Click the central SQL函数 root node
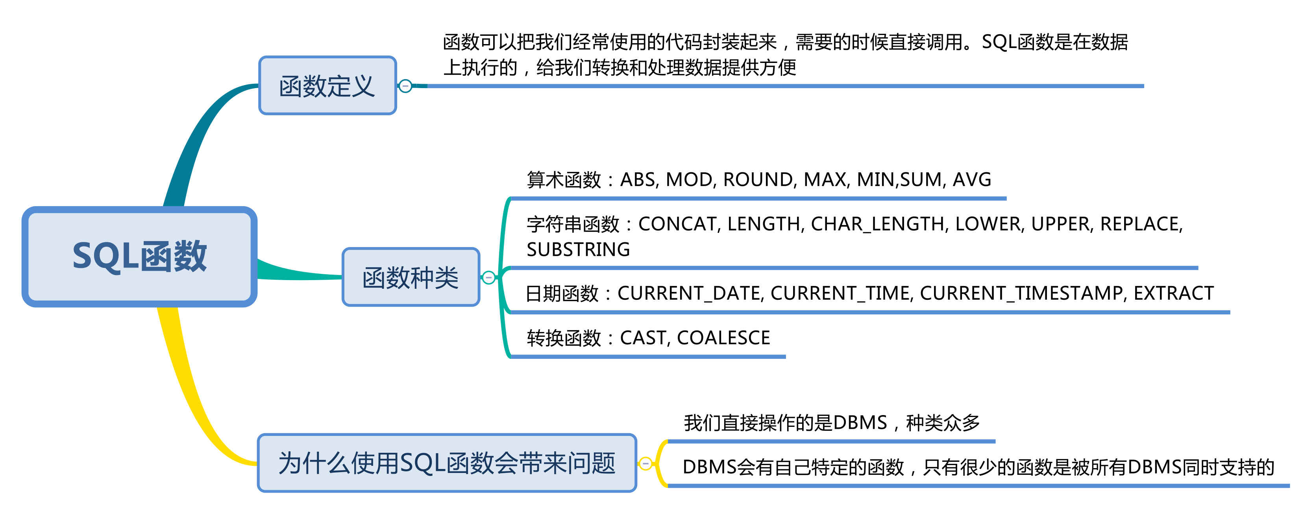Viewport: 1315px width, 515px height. (x=139, y=256)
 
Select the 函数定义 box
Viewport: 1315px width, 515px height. (x=327, y=86)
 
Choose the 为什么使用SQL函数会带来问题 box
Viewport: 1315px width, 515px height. (x=447, y=463)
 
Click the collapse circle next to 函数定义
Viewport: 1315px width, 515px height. (x=405, y=86)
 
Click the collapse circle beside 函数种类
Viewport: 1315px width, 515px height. (x=488, y=278)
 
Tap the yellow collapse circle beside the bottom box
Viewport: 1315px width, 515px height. (x=646, y=463)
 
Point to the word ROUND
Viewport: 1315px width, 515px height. (x=758, y=180)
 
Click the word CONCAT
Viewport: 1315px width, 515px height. (x=677, y=224)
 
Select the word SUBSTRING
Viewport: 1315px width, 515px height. (x=578, y=249)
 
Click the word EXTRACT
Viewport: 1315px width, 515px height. (x=1173, y=293)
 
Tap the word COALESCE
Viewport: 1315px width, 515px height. (x=723, y=338)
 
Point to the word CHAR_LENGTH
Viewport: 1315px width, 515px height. (x=877, y=224)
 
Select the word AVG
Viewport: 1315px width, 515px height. (x=971, y=180)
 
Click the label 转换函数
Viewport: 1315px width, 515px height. (x=564, y=338)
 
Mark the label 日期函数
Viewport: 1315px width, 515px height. (x=562, y=293)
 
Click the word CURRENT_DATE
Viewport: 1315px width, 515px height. (x=689, y=293)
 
